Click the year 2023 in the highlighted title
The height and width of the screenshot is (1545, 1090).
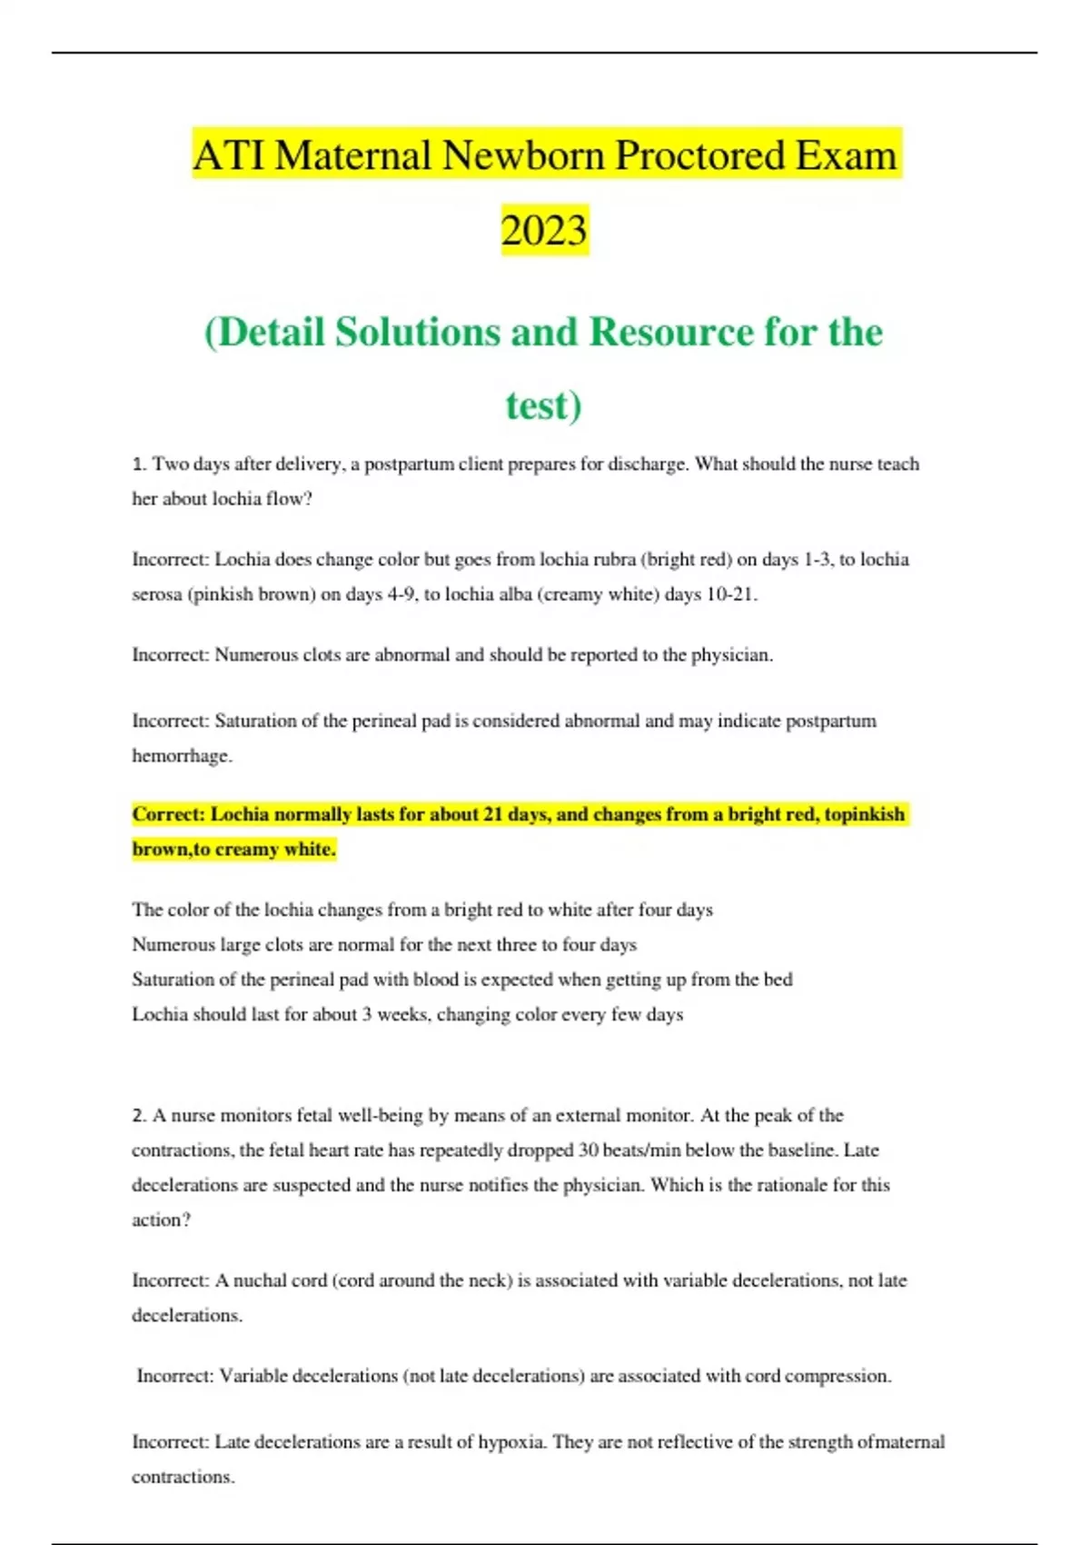(544, 230)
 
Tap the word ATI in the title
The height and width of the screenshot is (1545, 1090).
(228, 155)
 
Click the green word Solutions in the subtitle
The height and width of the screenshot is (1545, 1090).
(417, 332)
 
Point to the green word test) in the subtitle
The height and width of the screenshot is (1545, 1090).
(543, 405)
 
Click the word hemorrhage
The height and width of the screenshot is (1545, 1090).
(181, 755)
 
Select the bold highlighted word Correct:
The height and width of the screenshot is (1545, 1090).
(168, 814)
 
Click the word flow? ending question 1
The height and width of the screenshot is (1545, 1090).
(289, 499)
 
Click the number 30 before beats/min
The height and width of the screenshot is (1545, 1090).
(588, 1150)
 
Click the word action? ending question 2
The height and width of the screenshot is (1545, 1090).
(162, 1220)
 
